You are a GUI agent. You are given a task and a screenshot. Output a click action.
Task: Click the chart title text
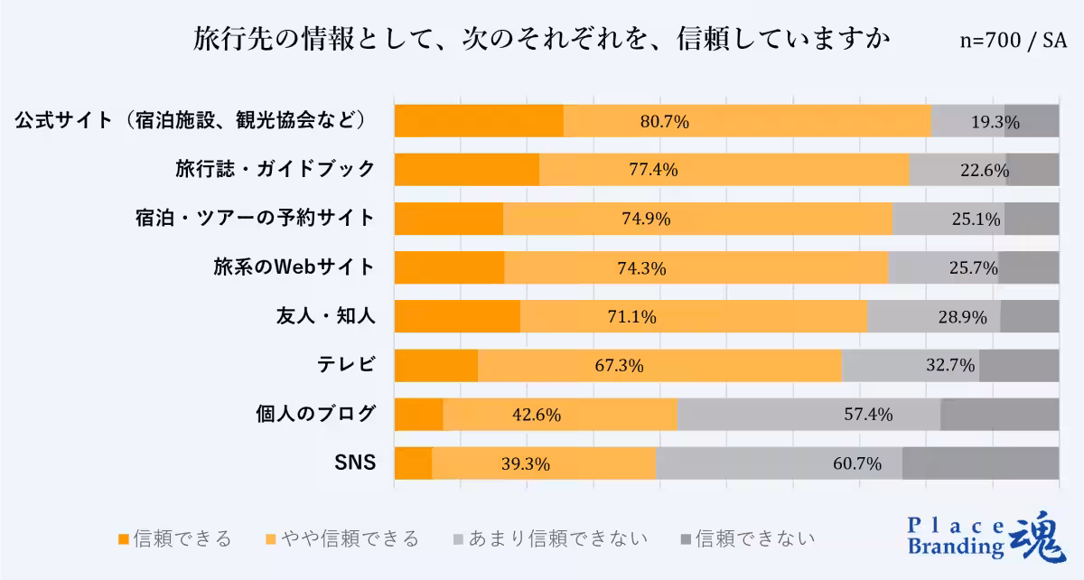542,40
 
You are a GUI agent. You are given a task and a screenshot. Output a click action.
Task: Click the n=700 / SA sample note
1013,41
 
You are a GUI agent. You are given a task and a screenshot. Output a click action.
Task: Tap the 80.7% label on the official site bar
664,121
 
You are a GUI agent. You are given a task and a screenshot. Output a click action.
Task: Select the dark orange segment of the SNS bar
413,463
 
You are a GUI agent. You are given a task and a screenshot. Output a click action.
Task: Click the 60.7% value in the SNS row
855,464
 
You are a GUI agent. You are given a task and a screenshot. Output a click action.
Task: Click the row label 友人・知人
325,316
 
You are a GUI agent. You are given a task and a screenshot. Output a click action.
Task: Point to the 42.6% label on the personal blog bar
537,415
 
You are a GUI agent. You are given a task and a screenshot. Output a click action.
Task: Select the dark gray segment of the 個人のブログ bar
999,415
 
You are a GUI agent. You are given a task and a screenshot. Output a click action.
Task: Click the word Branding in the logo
955,547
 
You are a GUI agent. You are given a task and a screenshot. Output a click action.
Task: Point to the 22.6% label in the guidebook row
984,170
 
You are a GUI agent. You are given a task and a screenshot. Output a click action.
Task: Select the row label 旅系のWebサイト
294,267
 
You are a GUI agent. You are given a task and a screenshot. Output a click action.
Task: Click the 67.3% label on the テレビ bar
619,366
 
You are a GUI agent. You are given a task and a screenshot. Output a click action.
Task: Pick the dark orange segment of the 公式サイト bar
479,121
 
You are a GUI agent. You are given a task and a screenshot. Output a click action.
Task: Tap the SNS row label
355,463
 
